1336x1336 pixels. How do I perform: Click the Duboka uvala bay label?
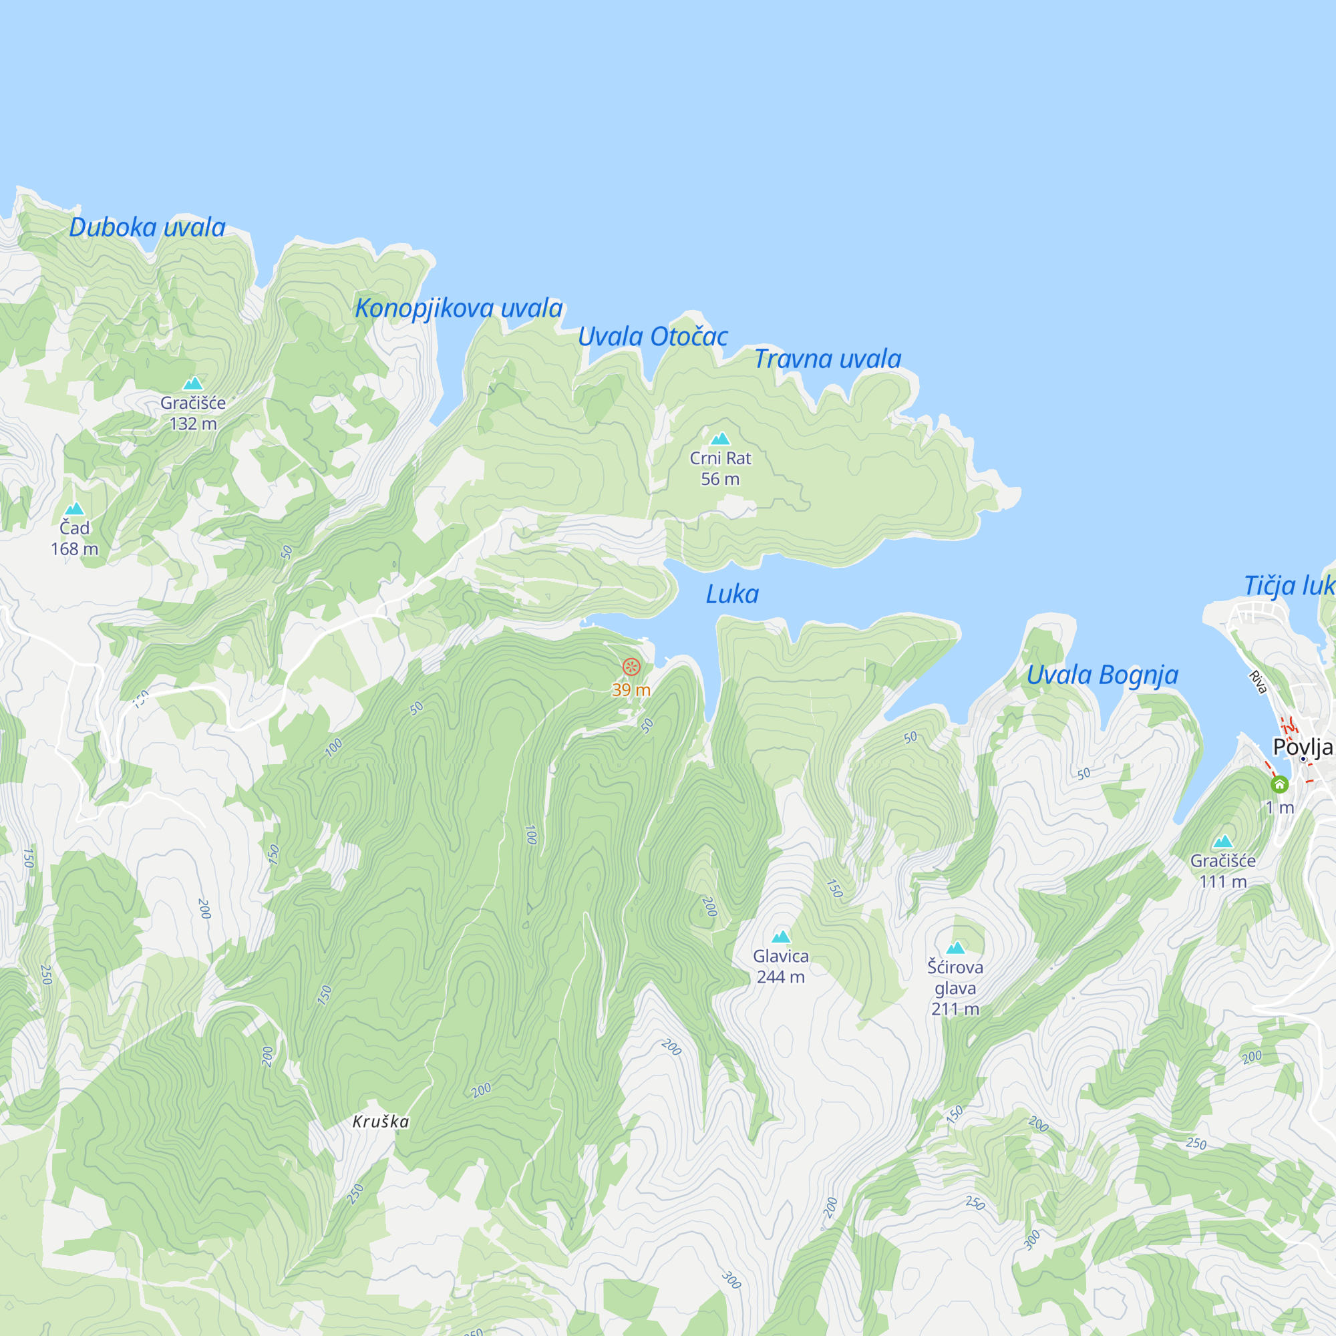coord(147,228)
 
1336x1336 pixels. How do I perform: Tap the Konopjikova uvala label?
coord(458,309)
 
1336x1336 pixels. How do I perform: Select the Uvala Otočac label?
coord(652,337)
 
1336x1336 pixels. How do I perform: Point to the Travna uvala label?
coord(827,359)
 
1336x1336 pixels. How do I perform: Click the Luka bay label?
coord(731,594)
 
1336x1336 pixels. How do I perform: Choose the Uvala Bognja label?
coord(1102,675)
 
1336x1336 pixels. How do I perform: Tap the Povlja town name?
coord(1302,747)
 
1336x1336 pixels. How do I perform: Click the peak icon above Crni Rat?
coord(721,438)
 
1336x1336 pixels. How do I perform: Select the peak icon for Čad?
coord(75,509)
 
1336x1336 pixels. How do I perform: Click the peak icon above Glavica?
coord(781,937)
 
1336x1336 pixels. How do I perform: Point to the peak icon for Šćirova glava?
coord(955,947)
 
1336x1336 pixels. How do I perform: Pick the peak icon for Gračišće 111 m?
coord(1222,842)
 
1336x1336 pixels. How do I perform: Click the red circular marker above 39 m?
coord(631,667)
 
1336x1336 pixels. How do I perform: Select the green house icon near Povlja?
coord(1279,784)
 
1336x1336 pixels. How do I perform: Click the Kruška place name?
coord(380,1122)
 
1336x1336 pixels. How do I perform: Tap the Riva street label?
coord(1258,683)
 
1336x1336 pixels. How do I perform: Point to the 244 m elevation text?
coord(781,977)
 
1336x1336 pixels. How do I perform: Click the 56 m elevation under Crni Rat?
coord(720,478)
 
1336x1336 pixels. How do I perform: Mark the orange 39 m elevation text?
coord(631,690)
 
